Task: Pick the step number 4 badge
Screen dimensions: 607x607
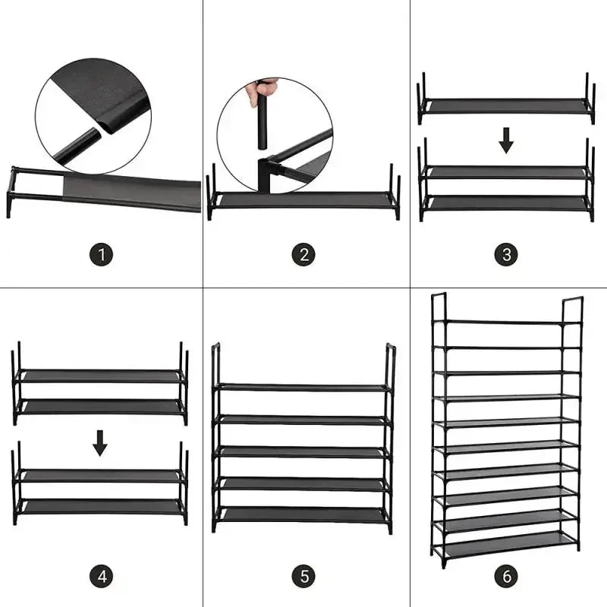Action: (x=101, y=577)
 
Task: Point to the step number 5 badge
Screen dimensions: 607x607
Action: (x=303, y=577)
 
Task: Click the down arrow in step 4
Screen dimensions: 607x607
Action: (x=100, y=442)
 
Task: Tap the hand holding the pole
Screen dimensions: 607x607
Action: (x=261, y=90)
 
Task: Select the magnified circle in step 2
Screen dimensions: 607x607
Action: (x=275, y=134)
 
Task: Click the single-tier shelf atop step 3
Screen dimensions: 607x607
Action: (x=506, y=105)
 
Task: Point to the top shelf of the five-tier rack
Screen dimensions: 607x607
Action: (x=303, y=387)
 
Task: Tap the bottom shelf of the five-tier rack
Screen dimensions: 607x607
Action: (x=303, y=514)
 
